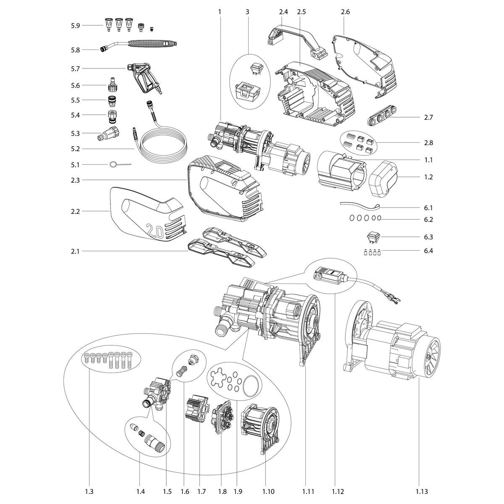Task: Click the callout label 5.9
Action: [75, 26]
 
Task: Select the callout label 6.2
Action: [428, 219]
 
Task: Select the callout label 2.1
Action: [75, 251]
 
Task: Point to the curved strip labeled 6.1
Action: [360, 205]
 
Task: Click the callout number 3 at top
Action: [247, 12]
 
